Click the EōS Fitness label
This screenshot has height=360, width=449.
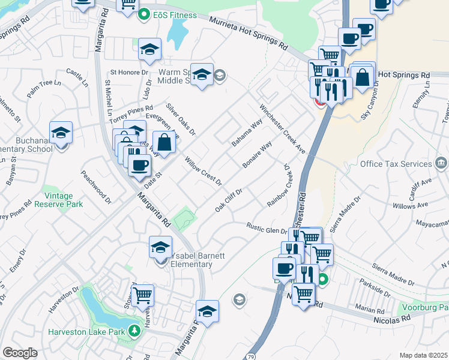pyautogui.click(x=167, y=14)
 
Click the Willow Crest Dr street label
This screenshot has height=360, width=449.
pyautogui.click(x=203, y=171)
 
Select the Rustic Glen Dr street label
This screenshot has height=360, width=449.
pyautogui.click(x=268, y=228)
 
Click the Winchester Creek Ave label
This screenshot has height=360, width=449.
pyautogui.click(x=282, y=130)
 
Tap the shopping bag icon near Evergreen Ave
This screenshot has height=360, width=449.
pyautogui.click(x=164, y=143)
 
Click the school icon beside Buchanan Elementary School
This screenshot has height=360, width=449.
pyautogui.click(x=61, y=132)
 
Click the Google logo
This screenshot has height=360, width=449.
pyautogui.click(x=19, y=353)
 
